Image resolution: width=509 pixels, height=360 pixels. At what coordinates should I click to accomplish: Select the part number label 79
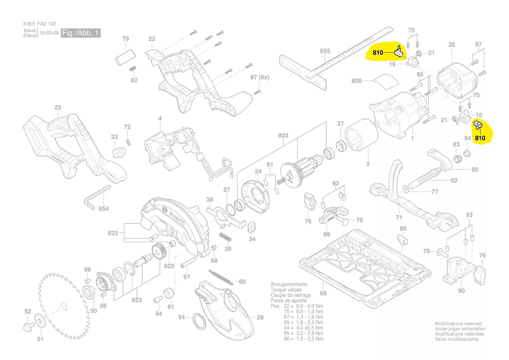pyautogui.click(x=125, y=39)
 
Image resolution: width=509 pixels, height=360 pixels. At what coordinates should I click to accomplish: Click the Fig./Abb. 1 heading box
pyautogui.click(x=81, y=33)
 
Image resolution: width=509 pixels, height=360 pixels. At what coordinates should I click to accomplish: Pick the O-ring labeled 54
pyautogui.click(x=199, y=324)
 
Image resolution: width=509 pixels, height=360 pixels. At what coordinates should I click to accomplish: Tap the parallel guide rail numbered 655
pyautogui.click(x=331, y=61)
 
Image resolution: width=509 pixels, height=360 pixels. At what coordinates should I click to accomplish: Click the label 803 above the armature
pyautogui.click(x=283, y=136)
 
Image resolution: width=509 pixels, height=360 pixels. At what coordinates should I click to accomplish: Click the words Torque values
pyautogui.click(x=286, y=290)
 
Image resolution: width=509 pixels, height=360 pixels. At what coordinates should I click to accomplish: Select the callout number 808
pyautogui.click(x=357, y=81)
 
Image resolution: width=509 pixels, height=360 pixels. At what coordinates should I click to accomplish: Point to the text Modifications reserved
pyautogui.click(x=458, y=324)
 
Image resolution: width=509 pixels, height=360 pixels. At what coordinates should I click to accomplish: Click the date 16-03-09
pyautogui.click(x=49, y=33)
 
